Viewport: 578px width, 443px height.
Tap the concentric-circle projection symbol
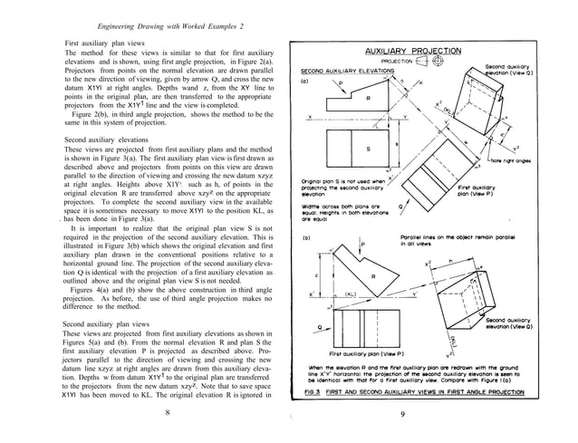(x=438, y=62)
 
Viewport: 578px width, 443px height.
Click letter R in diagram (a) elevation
(x=367, y=98)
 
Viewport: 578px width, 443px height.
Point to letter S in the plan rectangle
(x=367, y=149)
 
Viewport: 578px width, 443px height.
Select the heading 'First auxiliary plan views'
(x=109, y=43)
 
